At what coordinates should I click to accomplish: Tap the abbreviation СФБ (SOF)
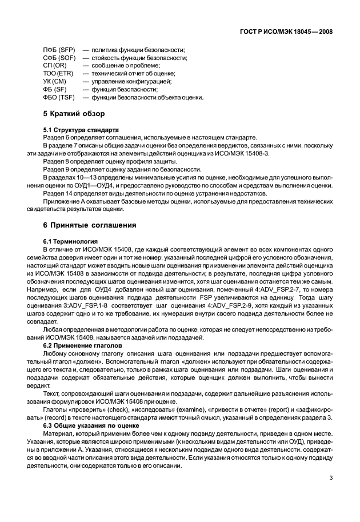click(57, 58)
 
